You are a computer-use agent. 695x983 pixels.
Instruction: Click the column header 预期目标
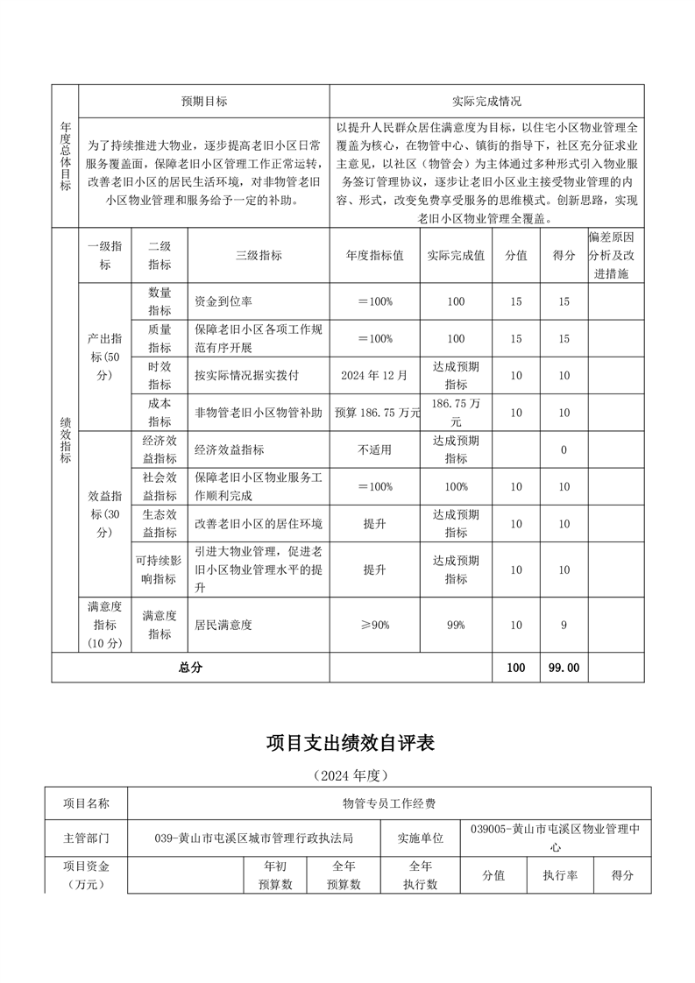pyautogui.click(x=204, y=101)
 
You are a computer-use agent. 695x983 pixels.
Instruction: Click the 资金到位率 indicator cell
pyautogui.click(x=223, y=301)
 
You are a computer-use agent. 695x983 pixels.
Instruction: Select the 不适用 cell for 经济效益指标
pyautogui.click(x=374, y=449)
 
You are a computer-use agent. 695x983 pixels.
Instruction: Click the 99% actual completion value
pyautogui.click(x=455, y=625)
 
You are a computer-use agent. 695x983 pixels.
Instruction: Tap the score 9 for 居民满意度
pyautogui.click(x=564, y=625)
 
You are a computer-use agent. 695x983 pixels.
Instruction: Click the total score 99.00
pyautogui.click(x=564, y=668)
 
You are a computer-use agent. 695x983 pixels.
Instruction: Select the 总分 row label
pyautogui.click(x=190, y=668)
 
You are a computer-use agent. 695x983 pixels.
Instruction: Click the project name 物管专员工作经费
pyautogui.click(x=389, y=803)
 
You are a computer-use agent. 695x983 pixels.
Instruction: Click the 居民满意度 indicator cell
pyautogui.click(x=223, y=625)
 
